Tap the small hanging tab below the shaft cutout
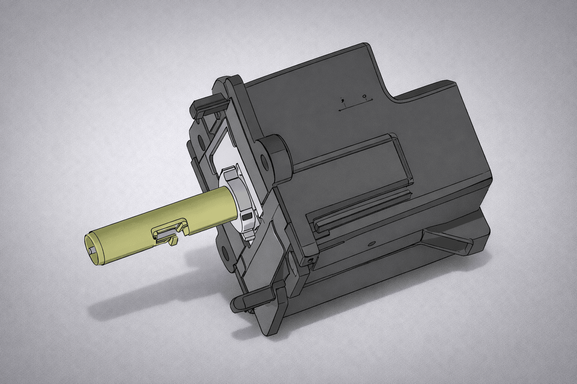point(174,241)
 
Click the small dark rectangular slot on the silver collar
point(247,216)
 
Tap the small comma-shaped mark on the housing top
point(342,100)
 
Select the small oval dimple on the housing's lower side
point(372,244)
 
